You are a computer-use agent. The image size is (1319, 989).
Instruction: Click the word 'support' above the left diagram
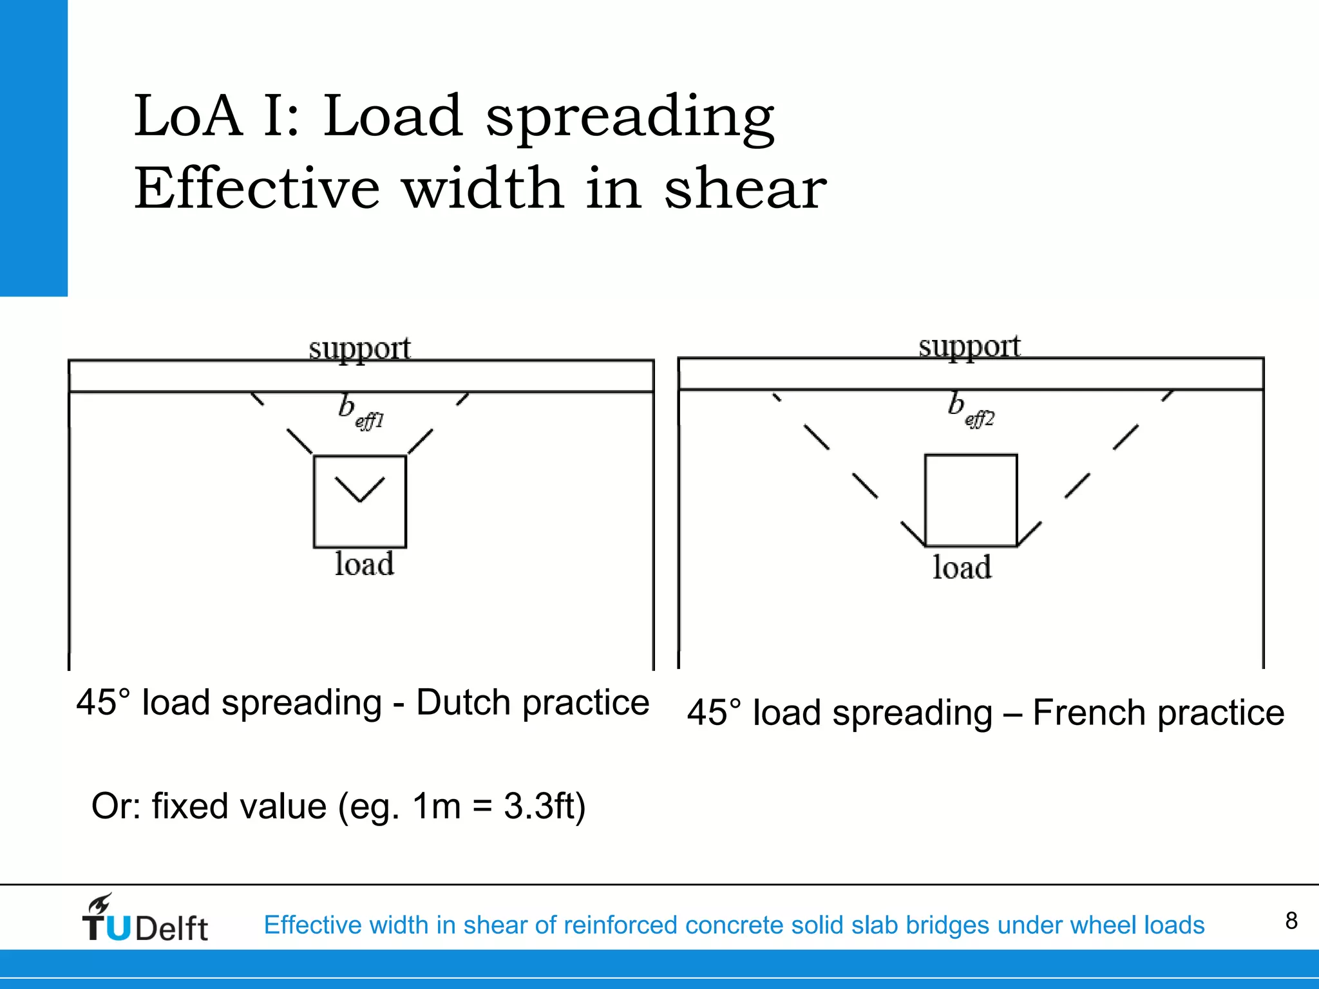[359, 349]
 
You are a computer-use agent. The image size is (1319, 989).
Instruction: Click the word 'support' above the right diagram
[969, 347]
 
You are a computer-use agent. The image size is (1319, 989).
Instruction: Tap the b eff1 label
[360, 412]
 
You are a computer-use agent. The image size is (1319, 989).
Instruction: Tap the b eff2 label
[971, 410]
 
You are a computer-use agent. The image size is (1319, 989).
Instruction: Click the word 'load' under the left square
[364, 564]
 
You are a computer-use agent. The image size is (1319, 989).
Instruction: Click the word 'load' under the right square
[962, 568]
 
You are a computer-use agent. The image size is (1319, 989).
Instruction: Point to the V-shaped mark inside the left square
[360, 489]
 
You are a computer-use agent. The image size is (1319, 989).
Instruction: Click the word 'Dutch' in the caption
[464, 702]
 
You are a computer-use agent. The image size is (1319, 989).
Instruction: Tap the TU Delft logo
[145, 919]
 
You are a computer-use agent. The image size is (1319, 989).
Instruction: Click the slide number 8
[1291, 921]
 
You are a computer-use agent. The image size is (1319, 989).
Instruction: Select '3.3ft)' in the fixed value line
[544, 806]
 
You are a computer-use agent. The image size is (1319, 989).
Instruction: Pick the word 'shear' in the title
[745, 188]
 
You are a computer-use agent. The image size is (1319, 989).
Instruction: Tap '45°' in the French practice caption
[714, 713]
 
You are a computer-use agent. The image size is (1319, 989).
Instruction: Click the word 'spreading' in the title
[630, 117]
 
